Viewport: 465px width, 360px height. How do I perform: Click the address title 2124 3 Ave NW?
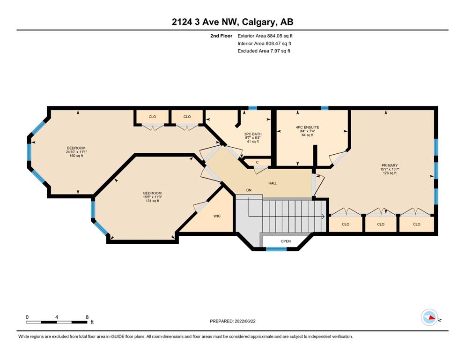[x=206, y=22]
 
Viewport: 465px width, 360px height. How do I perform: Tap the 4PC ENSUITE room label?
[x=307, y=127]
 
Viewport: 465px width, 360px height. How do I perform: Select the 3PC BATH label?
[x=253, y=134]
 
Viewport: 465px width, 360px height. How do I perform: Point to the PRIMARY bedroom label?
[x=390, y=165]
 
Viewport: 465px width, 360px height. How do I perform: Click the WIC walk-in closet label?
[x=217, y=216]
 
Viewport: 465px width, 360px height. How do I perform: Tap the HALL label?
[x=273, y=183]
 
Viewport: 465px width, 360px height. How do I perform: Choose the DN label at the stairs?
[x=249, y=190]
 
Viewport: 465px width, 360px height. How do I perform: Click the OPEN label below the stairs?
[x=286, y=241]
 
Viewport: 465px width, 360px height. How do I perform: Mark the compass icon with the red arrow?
[x=429, y=317]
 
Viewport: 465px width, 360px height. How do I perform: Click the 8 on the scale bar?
[x=87, y=317]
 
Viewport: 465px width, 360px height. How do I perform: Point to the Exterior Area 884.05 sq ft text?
[x=265, y=36]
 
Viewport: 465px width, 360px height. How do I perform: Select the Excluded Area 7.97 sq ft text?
[x=264, y=51]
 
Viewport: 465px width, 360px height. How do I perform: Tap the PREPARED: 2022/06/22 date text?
[x=232, y=321]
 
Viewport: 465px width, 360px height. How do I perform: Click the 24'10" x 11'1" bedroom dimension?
[x=76, y=152]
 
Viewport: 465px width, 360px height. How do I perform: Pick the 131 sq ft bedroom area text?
[x=152, y=201]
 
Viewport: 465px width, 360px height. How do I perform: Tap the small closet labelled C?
[x=257, y=162]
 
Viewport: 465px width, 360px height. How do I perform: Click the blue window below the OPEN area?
[x=276, y=249]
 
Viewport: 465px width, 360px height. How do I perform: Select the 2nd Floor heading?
[x=221, y=36]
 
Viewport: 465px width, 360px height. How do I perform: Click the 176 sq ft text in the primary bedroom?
[x=390, y=173]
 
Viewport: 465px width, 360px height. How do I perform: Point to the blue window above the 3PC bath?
[x=252, y=108]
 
